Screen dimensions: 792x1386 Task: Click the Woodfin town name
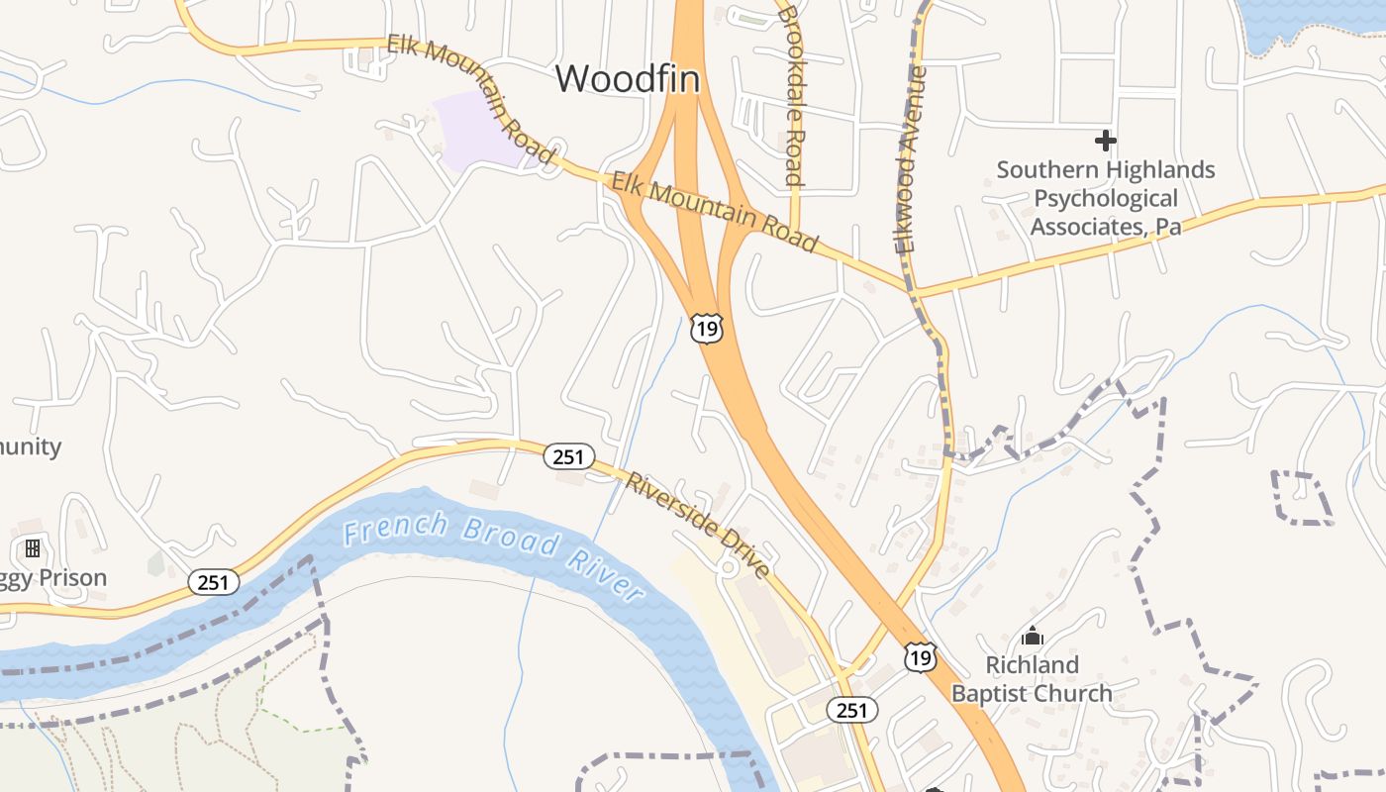(x=628, y=78)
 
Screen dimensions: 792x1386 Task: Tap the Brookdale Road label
(x=789, y=96)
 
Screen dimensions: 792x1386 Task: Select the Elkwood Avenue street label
(x=913, y=160)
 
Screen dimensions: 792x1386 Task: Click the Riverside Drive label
(x=698, y=526)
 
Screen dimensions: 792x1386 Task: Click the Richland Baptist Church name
(x=1032, y=679)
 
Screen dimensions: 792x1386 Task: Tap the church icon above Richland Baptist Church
(x=1033, y=636)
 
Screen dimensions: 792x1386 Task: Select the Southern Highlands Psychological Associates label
(x=1106, y=198)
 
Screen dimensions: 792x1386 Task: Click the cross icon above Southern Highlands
(x=1106, y=141)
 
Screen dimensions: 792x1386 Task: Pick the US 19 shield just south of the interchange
(x=707, y=329)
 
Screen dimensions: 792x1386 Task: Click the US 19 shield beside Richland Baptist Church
(x=921, y=656)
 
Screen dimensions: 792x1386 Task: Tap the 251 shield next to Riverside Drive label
(x=569, y=456)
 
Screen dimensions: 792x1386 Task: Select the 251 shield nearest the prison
(x=214, y=582)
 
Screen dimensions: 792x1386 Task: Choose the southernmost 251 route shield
(x=851, y=710)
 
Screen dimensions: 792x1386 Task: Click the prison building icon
(x=33, y=547)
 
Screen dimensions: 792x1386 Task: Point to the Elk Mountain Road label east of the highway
(x=715, y=212)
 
